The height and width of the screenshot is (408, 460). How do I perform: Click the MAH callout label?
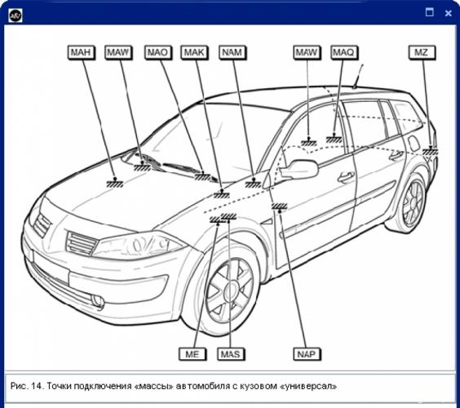81,53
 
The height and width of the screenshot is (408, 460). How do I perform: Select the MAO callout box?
158,53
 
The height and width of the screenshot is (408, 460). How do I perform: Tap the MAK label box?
194,53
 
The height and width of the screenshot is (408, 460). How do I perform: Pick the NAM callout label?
232,53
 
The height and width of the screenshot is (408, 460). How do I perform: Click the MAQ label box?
344,53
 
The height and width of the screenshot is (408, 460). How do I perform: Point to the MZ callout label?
422,53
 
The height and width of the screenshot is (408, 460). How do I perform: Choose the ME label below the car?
192,354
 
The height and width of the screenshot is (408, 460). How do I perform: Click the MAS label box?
231,354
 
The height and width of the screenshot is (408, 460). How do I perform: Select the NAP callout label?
307,354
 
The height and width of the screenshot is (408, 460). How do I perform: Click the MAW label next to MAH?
118,53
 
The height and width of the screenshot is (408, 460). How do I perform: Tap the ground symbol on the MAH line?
115,183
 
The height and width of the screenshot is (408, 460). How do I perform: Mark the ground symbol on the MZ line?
431,151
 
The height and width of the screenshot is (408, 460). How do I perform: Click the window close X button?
448,13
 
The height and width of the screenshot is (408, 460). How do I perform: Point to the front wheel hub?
231,291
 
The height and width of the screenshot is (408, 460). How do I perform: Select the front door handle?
346,177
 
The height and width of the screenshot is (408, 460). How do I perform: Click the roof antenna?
358,77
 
